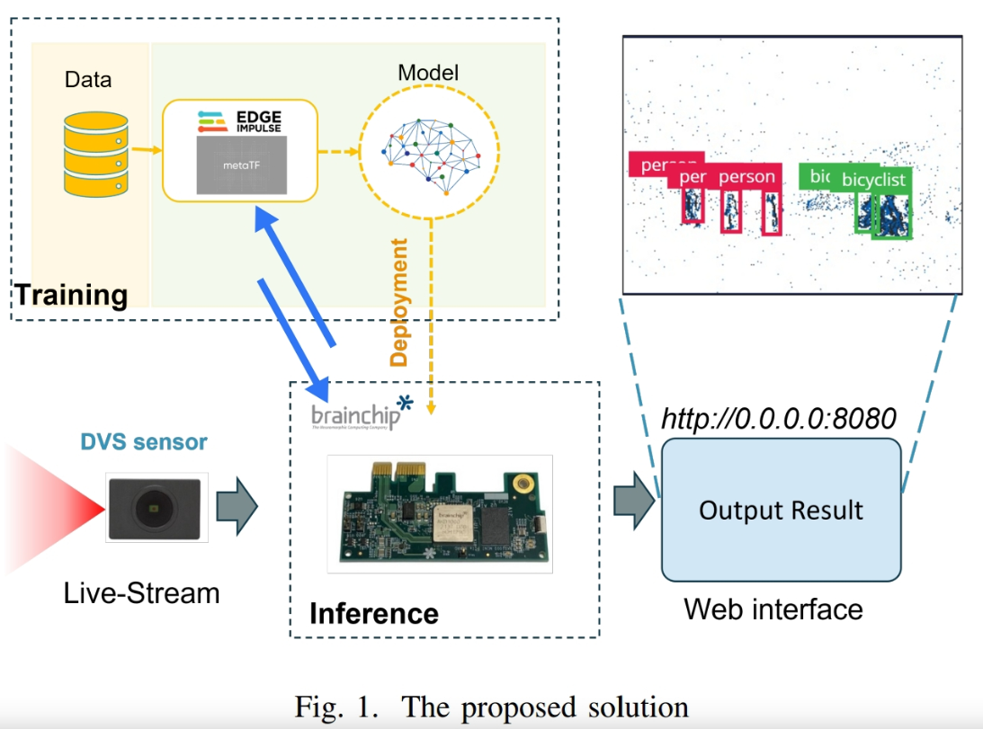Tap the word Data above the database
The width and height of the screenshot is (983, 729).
click(88, 79)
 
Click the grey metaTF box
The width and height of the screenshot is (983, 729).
click(240, 166)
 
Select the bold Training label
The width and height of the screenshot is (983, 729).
click(70, 294)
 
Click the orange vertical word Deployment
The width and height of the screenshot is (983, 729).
click(399, 302)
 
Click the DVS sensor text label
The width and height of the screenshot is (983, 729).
click(144, 442)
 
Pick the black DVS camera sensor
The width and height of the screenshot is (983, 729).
click(157, 509)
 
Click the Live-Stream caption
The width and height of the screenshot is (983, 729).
click(142, 593)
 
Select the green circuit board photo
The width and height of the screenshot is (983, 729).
click(439, 513)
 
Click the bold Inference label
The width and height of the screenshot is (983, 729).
click(373, 614)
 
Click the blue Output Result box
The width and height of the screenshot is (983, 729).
click(781, 510)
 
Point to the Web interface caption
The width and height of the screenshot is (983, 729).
click(773, 609)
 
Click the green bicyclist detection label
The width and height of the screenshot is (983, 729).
click(873, 180)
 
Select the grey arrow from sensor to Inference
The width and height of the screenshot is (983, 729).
click(237, 508)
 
